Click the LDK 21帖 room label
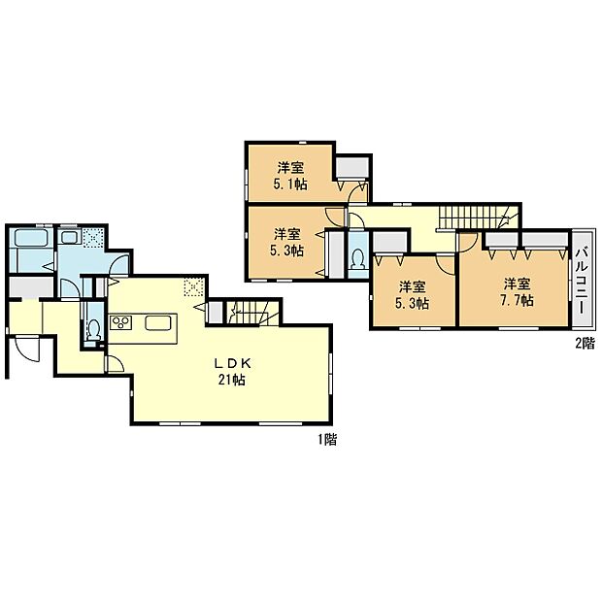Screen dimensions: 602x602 point(229,372)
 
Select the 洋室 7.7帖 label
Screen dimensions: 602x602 point(516,292)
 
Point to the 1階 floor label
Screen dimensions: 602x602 point(326,440)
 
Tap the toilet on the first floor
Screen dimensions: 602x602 point(93,331)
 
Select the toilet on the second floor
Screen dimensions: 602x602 point(356,260)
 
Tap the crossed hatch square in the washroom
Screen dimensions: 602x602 point(93,236)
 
